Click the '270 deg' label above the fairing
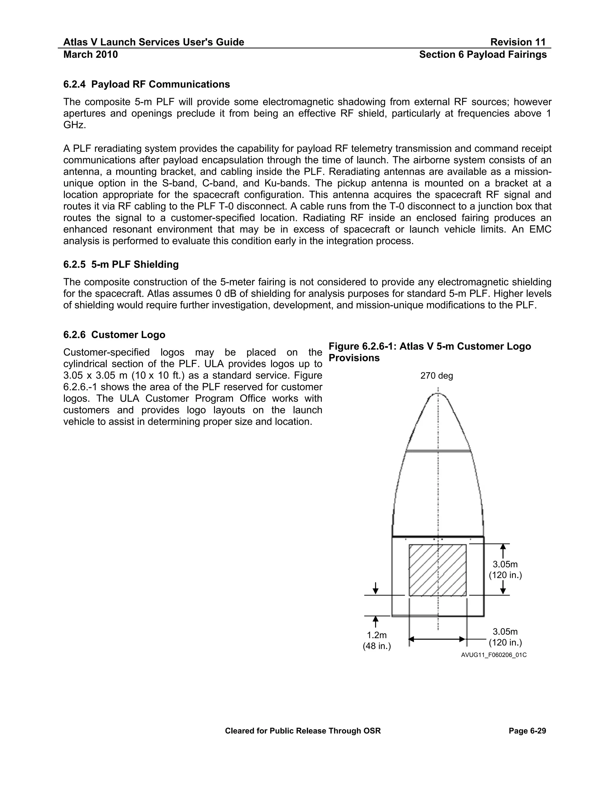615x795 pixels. pyautogui.click(x=436, y=376)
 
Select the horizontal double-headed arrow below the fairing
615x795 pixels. pyautogui.click(x=437, y=639)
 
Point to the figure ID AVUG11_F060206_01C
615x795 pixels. pyautogui.click(x=494, y=655)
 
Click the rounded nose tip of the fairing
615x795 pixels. pyautogui.click(x=438, y=394)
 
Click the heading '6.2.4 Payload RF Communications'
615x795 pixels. pyautogui.click(x=147, y=85)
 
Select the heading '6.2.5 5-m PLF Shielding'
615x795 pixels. pyautogui.click(x=121, y=264)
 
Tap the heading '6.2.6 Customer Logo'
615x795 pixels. pyautogui.click(x=114, y=334)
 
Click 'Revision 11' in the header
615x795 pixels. pyautogui.click(x=518, y=42)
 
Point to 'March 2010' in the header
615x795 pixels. pyautogui.click(x=90, y=55)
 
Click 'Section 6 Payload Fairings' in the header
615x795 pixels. pyautogui.click(x=483, y=55)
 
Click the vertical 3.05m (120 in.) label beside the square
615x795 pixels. pyautogui.click(x=505, y=570)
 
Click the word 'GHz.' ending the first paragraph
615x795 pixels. pyautogui.click(x=75, y=125)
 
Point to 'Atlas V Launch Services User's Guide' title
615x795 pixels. pyautogui.click(x=153, y=42)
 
